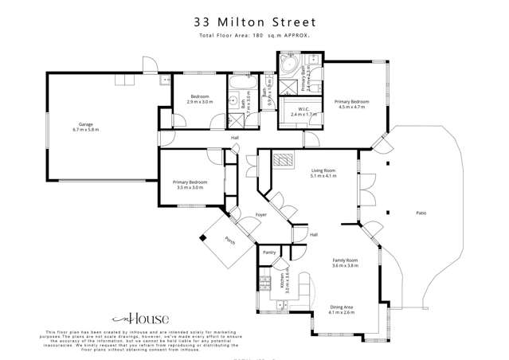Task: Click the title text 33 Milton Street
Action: pos(254,22)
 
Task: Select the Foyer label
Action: pos(260,215)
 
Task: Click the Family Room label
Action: pos(345,260)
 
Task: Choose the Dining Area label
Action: pos(341,307)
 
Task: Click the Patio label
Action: pos(421,213)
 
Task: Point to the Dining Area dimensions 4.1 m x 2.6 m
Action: pos(341,313)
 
